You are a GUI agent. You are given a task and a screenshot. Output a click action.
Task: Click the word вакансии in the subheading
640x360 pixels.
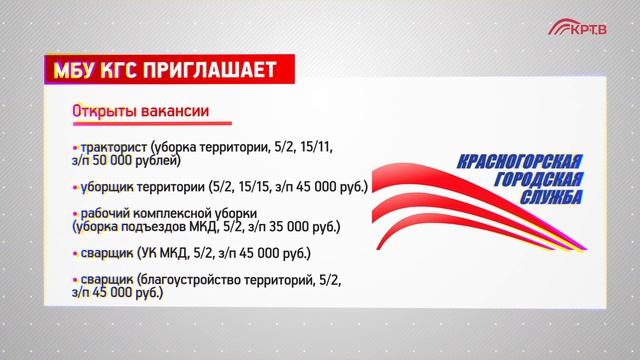coord(171,110)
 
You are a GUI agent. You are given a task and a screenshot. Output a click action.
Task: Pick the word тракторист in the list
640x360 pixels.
coord(113,147)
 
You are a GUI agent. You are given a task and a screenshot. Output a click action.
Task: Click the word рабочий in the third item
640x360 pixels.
coord(107,213)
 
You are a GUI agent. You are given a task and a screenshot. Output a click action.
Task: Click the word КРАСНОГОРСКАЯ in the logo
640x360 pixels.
coord(519,162)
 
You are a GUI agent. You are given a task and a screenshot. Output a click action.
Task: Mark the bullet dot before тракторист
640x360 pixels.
coord(75,148)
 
